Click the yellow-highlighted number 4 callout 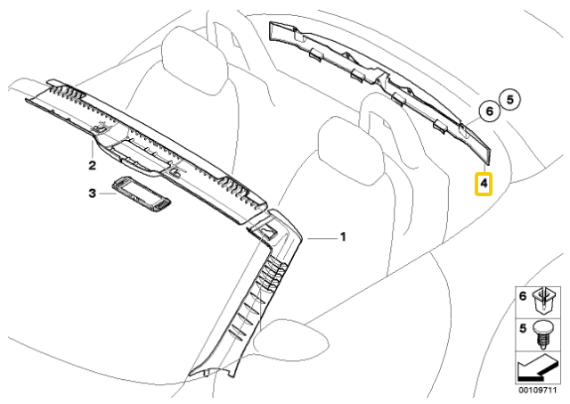(x=484, y=184)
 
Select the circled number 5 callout (x=510, y=99)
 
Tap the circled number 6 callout (x=490, y=111)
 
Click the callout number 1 (x=342, y=237)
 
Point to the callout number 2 (x=93, y=166)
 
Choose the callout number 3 (x=93, y=194)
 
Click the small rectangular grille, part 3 (x=141, y=194)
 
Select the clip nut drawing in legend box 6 (x=543, y=301)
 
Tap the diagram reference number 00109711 (x=537, y=390)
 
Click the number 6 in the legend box (x=523, y=296)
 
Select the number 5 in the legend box (x=523, y=329)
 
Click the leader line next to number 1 (x=322, y=238)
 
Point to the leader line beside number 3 (x=107, y=194)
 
